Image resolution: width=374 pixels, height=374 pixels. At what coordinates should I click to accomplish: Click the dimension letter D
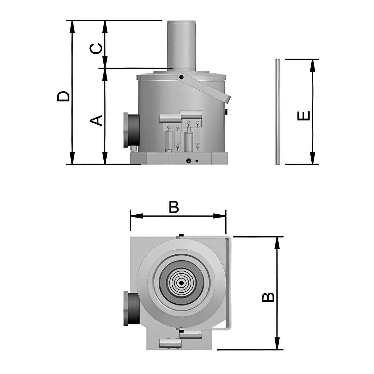click(x=63, y=96)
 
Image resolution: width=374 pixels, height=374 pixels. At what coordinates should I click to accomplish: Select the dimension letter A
click(x=96, y=121)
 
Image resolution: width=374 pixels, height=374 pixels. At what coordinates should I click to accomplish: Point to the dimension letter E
click(x=303, y=116)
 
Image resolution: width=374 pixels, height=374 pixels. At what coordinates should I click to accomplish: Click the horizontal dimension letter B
click(x=174, y=207)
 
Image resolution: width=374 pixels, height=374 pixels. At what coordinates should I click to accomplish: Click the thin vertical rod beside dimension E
click(x=278, y=112)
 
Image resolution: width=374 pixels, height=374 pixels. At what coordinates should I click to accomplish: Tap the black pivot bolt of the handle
click(x=181, y=78)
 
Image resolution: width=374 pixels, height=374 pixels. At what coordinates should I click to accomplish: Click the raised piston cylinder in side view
click(x=181, y=46)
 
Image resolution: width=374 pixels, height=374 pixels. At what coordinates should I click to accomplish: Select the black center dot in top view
click(x=181, y=283)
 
